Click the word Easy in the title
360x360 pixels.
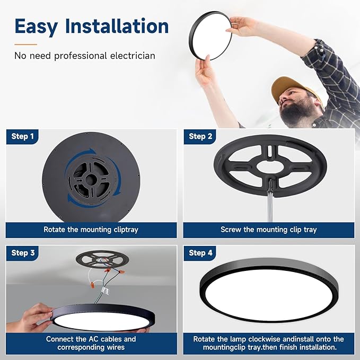(x=36, y=27)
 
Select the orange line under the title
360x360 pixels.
(x=25, y=45)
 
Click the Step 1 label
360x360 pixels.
(x=22, y=136)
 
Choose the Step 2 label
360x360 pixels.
(x=200, y=136)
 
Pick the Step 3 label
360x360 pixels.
(x=23, y=253)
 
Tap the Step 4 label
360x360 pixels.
(x=200, y=253)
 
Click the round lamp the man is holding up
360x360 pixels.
(x=210, y=36)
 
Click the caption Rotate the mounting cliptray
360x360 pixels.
(x=91, y=230)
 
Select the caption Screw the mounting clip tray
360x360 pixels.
(x=269, y=230)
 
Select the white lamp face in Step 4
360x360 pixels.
(x=269, y=295)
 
